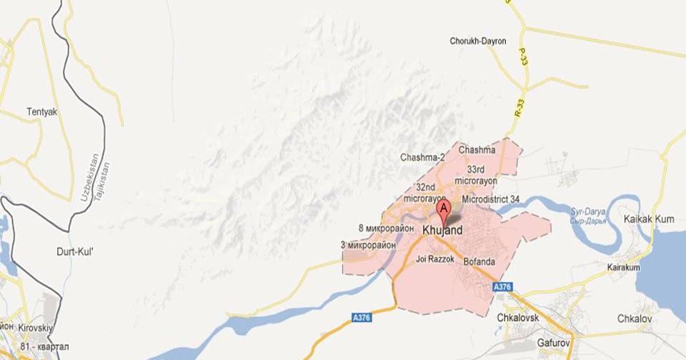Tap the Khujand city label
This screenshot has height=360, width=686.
[442, 231]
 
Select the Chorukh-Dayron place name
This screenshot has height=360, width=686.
[477, 41]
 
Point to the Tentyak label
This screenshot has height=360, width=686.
[41, 111]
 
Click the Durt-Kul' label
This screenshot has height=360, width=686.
[75, 251]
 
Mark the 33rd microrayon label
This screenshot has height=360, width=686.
[480, 175]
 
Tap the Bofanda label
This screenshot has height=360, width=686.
[479, 261]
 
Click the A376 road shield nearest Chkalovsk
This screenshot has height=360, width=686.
[503, 287]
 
